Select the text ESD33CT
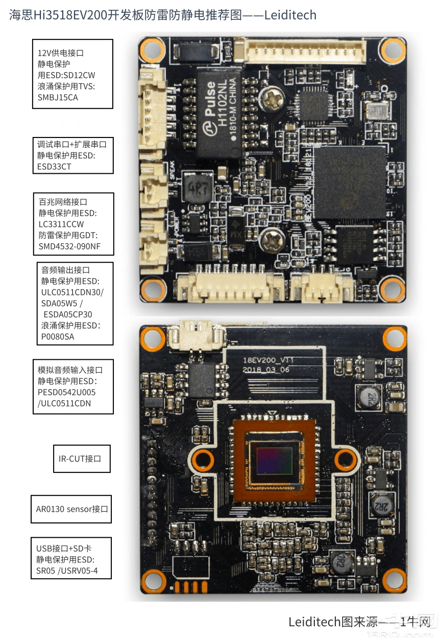click(x=54, y=166)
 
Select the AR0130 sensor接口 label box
click(x=71, y=509)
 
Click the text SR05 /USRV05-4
click(x=67, y=570)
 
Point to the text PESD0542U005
click(x=66, y=392)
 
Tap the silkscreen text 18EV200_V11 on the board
click(x=268, y=360)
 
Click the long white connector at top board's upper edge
click(x=306, y=52)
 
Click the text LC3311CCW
click(x=61, y=224)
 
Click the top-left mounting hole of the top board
click(x=152, y=50)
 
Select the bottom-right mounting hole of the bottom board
click(x=394, y=579)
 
